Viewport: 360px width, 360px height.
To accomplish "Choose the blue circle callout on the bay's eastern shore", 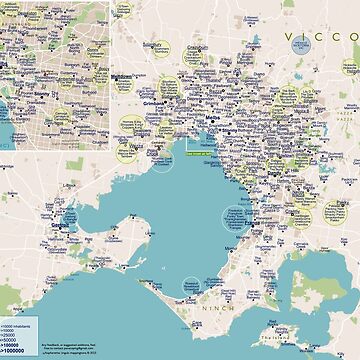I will [x=237, y=216].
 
